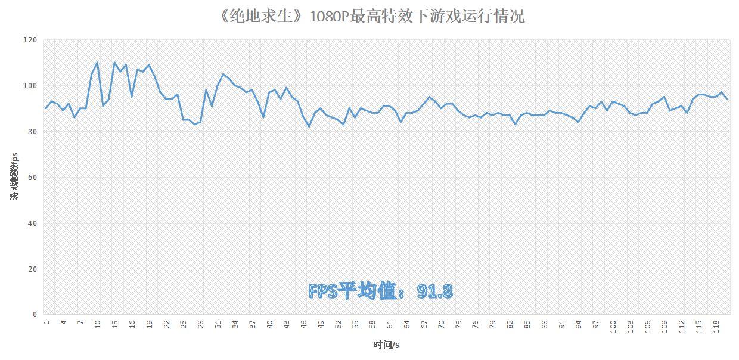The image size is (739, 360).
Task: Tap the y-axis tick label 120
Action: [x=30, y=40]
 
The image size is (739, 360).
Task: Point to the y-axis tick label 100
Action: [x=30, y=86]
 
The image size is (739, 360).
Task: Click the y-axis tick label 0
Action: [x=35, y=315]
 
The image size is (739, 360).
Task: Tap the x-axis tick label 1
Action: [x=46, y=322]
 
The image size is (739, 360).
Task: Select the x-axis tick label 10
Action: [x=98, y=324]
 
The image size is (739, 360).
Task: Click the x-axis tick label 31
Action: [x=218, y=324]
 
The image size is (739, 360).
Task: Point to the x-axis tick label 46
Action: [x=304, y=324]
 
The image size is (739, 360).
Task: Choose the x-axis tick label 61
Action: [x=390, y=324]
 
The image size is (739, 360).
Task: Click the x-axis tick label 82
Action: [x=510, y=324]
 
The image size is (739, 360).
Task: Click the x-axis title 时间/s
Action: [x=387, y=345]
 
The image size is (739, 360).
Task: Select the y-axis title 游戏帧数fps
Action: [x=15, y=176]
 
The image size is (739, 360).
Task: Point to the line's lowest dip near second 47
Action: [x=309, y=126]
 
